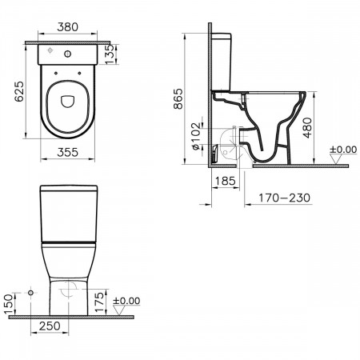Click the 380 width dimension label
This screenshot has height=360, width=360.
[x=68, y=27]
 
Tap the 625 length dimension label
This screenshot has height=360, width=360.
[x=19, y=91]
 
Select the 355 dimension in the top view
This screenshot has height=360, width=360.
[x=68, y=152]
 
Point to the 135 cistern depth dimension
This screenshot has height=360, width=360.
[x=110, y=54]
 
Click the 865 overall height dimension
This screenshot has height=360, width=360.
[x=178, y=98]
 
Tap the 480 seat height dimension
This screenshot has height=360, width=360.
[x=307, y=128]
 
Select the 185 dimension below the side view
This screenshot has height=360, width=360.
[x=226, y=181]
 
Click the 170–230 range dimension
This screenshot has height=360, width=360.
[x=285, y=198]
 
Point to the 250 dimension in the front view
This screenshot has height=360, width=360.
[x=50, y=326]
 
